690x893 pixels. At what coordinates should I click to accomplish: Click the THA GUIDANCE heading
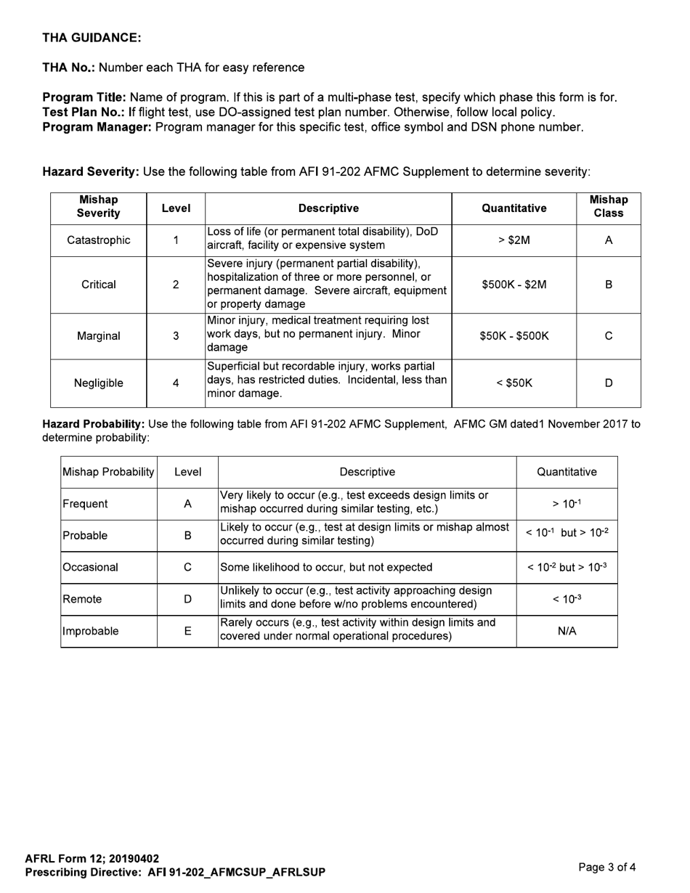tap(92, 38)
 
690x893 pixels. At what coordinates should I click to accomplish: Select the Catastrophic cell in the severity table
tap(99, 240)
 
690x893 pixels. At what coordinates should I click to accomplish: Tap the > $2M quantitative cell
tap(514, 240)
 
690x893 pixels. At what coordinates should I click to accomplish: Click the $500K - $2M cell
tap(514, 285)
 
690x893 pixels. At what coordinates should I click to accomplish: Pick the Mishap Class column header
tap(609, 207)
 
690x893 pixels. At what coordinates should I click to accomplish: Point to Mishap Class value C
tap(609, 336)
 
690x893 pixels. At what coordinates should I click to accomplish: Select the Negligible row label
tap(99, 383)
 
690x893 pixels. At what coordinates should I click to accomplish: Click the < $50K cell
tap(514, 383)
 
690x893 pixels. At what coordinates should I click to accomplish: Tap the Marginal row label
tap(99, 336)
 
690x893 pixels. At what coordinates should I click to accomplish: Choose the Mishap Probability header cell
tap(109, 472)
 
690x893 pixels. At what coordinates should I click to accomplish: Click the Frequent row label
tap(86, 504)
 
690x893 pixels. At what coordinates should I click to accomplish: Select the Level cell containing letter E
tap(187, 632)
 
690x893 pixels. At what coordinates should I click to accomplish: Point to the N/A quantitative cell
tap(567, 632)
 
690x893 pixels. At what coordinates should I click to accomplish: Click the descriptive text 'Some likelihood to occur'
tap(326, 568)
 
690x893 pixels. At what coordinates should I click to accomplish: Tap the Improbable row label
tap(91, 632)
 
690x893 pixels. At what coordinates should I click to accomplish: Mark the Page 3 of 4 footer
tap(607, 867)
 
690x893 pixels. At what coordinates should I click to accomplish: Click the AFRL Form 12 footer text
tap(92, 859)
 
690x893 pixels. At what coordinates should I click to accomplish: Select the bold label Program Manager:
tap(97, 127)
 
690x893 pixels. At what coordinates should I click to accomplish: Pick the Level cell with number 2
tap(176, 285)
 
